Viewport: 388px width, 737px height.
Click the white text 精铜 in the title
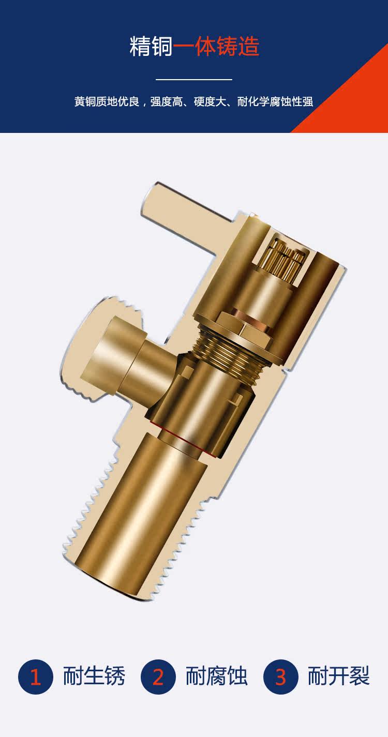coord(151,46)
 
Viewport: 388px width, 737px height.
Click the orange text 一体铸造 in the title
coord(216,46)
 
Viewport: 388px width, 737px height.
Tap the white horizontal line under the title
coord(194,79)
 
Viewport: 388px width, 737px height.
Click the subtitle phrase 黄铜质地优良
coord(107,101)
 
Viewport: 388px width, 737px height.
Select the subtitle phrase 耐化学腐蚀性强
coord(275,101)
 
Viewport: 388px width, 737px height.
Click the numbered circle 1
coord(36,677)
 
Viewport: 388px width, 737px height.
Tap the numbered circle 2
coord(158,677)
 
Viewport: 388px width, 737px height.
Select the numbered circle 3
coord(281,677)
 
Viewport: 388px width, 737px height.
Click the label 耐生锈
coord(94,676)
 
